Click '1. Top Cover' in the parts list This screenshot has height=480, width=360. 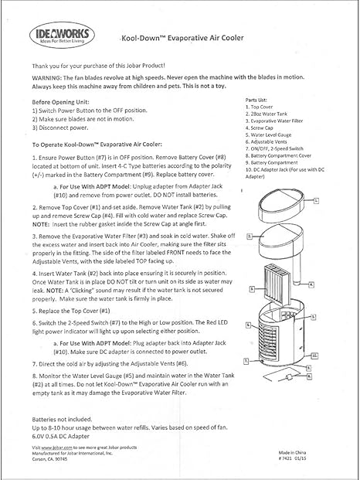point(264,107)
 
